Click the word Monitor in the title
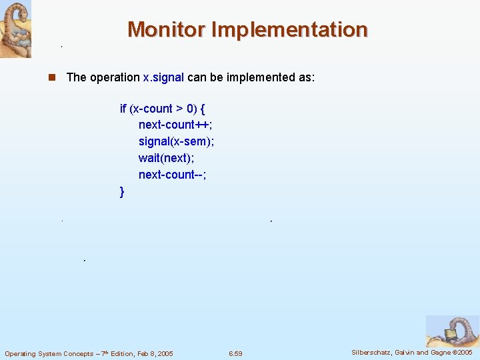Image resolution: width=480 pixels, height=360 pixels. [x=166, y=30]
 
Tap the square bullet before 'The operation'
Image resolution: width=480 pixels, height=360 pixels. [x=51, y=77]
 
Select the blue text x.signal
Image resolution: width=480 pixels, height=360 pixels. [x=163, y=77]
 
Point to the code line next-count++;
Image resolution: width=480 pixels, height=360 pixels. [x=175, y=125]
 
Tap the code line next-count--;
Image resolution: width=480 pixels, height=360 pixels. [x=173, y=175]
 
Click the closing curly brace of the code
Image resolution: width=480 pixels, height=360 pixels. [x=121, y=192]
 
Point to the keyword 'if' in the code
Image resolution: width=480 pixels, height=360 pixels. [x=123, y=108]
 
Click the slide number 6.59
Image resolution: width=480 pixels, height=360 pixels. [x=235, y=353]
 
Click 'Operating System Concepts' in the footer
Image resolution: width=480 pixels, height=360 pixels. [x=46, y=353]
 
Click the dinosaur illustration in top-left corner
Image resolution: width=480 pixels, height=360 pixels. [x=15, y=29]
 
